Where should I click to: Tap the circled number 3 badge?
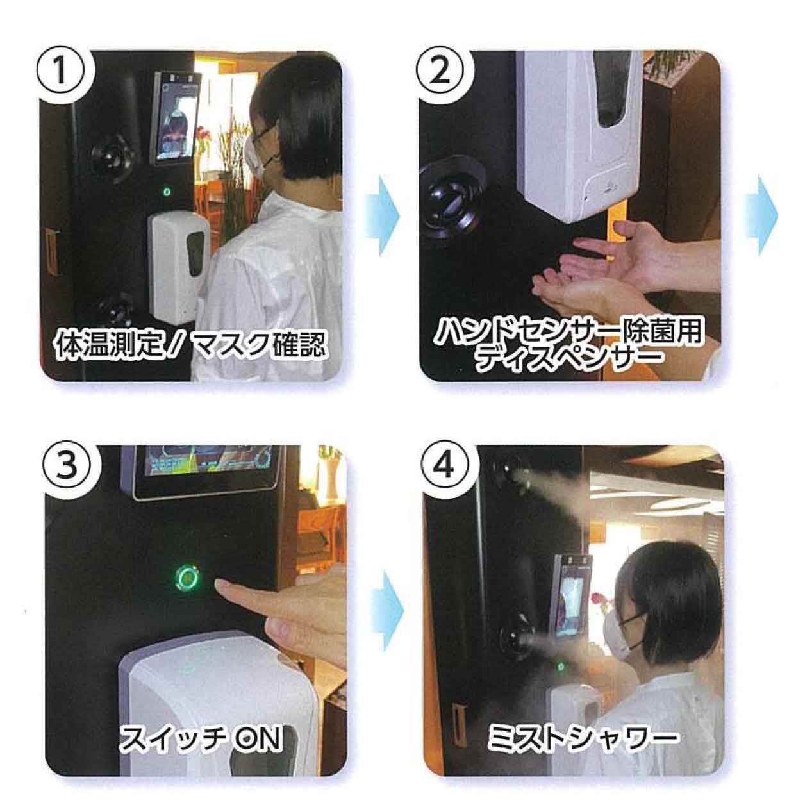pos(67,467)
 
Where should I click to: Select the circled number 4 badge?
pos(444,467)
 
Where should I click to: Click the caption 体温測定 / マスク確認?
pos(190,342)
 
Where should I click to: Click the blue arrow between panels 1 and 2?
pos(383,215)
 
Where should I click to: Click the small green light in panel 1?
pos(167,192)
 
